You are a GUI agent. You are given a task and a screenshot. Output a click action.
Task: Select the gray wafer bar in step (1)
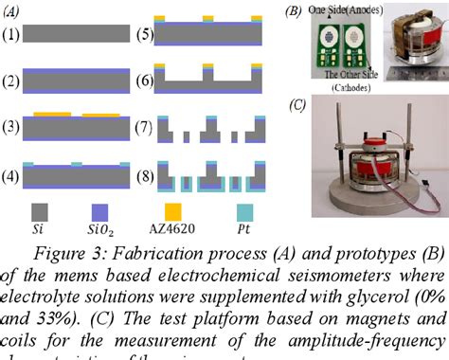pyautogui.click(x=77, y=35)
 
